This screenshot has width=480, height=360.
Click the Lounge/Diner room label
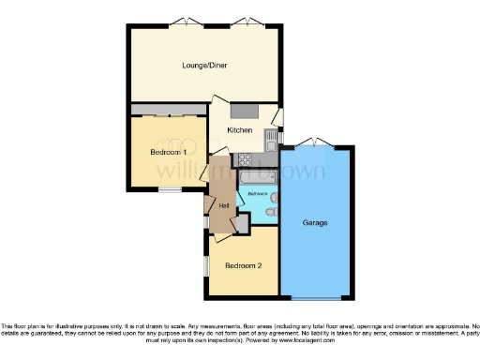click(x=204, y=66)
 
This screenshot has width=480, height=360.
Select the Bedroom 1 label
click(x=168, y=152)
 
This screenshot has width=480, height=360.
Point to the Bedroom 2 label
click(x=240, y=265)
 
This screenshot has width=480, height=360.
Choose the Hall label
click(x=224, y=205)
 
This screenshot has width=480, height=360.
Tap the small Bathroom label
click(x=257, y=194)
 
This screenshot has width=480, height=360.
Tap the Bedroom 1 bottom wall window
click(x=169, y=190)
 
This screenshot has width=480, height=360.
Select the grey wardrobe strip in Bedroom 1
click(x=168, y=110)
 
